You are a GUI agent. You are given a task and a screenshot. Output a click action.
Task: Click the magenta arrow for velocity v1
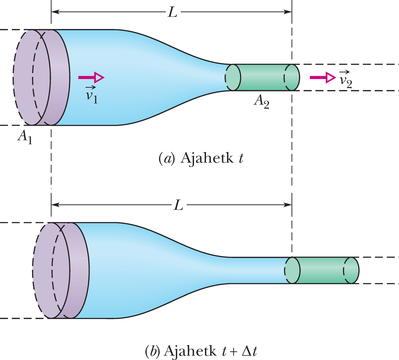pos(91,77)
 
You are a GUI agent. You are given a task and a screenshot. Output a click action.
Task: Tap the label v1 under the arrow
pos(92,95)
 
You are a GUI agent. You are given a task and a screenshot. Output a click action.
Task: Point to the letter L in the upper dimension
pos(172,12)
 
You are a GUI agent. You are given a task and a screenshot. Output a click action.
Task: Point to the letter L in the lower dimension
pos(178,205)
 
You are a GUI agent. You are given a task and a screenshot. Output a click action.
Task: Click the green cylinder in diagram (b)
pos(322,270)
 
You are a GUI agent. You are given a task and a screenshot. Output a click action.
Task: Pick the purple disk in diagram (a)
pos(41,77)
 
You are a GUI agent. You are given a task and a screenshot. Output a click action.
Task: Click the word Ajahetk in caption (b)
pos(190,351)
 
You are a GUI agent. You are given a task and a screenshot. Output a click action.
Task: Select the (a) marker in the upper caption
pos(166,158)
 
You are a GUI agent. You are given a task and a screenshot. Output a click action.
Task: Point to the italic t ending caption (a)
pos(241,158)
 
